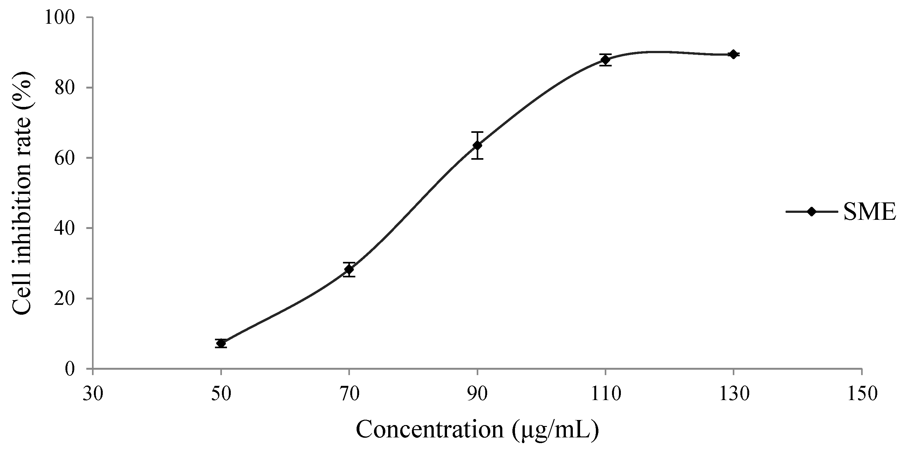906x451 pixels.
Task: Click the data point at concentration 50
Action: point(221,343)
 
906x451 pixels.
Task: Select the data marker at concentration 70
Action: point(349,269)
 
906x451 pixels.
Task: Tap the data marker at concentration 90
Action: point(477,145)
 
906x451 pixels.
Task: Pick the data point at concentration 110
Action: point(605,60)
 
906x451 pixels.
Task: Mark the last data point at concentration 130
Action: point(733,54)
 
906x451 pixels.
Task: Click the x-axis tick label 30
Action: point(93,394)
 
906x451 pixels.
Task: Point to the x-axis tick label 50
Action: point(221,394)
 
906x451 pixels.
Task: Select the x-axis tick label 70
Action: point(349,394)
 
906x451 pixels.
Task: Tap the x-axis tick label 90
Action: point(477,394)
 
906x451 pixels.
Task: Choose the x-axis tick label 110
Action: point(605,394)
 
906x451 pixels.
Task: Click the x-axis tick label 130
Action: point(733,394)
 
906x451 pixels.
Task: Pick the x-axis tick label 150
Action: point(862,394)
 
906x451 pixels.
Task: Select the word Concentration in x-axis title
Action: point(430,429)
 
